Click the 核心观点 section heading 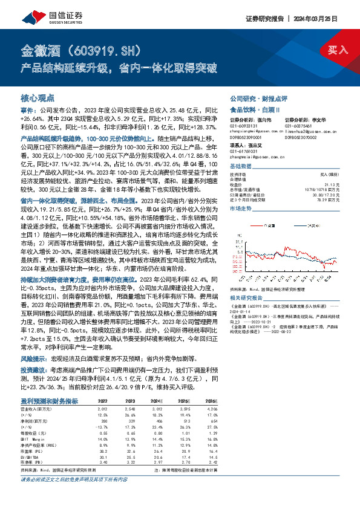(38, 97)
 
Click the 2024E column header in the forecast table (156, 400)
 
